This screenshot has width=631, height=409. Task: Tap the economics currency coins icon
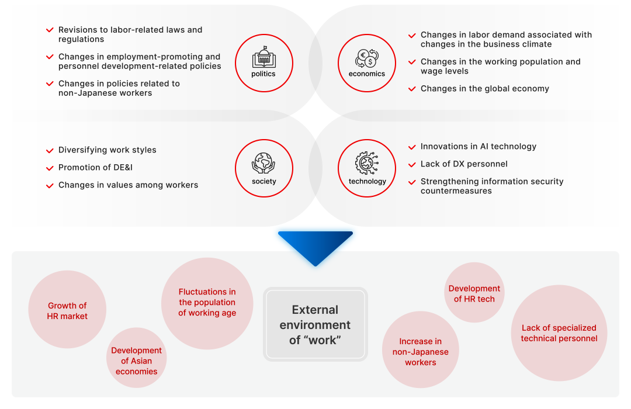pyautogui.click(x=367, y=58)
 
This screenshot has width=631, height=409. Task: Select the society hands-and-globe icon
pyautogui.click(x=264, y=163)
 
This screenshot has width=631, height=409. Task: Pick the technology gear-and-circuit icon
pyautogui.click(x=367, y=163)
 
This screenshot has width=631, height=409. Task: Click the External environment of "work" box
pyautogui.click(x=315, y=324)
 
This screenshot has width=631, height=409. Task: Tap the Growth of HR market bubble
pyautogui.click(x=67, y=310)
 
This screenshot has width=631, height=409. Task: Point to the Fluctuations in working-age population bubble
pyautogui.click(x=207, y=303)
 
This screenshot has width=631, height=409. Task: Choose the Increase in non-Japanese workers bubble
pyautogui.click(x=421, y=351)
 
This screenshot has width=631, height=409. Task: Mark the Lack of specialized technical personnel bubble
pyautogui.click(x=559, y=333)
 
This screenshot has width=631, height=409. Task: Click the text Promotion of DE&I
pyautogui.click(x=95, y=168)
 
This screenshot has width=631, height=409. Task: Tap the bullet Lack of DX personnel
pyautogui.click(x=464, y=164)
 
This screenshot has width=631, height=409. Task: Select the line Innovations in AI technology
pyautogui.click(x=478, y=147)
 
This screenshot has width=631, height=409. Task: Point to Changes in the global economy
pyautogui.click(x=484, y=89)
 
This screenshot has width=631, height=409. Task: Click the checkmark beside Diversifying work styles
pyautogui.click(x=50, y=150)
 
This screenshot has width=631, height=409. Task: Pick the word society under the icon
pyautogui.click(x=264, y=182)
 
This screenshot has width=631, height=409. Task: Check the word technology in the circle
pyautogui.click(x=367, y=182)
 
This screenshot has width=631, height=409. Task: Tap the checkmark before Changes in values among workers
pyautogui.click(x=50, y=185)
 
